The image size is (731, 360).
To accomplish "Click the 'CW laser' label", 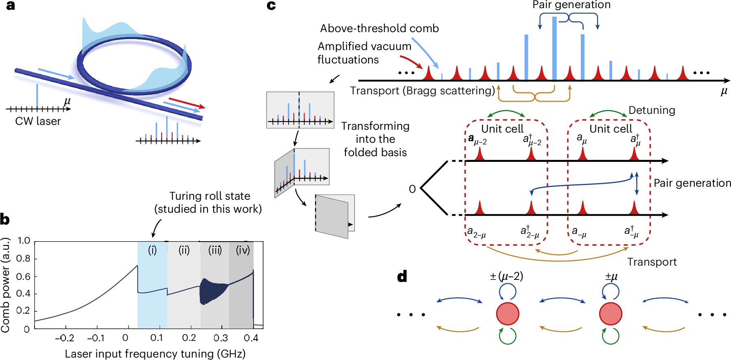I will [38, 121].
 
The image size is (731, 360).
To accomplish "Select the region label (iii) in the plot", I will [215, 250].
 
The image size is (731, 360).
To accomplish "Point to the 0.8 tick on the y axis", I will [24, 259].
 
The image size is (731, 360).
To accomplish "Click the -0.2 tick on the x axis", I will [65, 338].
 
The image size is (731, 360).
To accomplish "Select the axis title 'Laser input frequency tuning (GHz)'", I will [155, 353].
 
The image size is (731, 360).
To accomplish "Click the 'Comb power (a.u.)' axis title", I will [6, 285].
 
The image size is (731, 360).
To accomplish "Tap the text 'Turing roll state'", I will [210, 196].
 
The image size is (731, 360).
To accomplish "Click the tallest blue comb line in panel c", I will [554, 49].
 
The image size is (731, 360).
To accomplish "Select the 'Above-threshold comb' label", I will [379, 28].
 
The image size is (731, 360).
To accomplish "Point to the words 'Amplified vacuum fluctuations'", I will [364, 53].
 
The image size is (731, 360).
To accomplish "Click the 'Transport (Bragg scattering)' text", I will [422, 91].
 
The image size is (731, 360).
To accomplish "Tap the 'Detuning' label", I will [652, 110].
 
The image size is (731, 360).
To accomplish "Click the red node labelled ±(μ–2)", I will [508, 314].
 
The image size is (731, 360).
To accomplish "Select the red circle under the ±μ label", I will [611, 314].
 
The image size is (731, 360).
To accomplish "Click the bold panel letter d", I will [402, 277].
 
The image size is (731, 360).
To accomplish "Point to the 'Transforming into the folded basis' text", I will [375, 139].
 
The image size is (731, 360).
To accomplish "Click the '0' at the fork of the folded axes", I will [412, 189].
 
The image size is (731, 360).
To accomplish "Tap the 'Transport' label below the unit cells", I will [652, 262].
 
